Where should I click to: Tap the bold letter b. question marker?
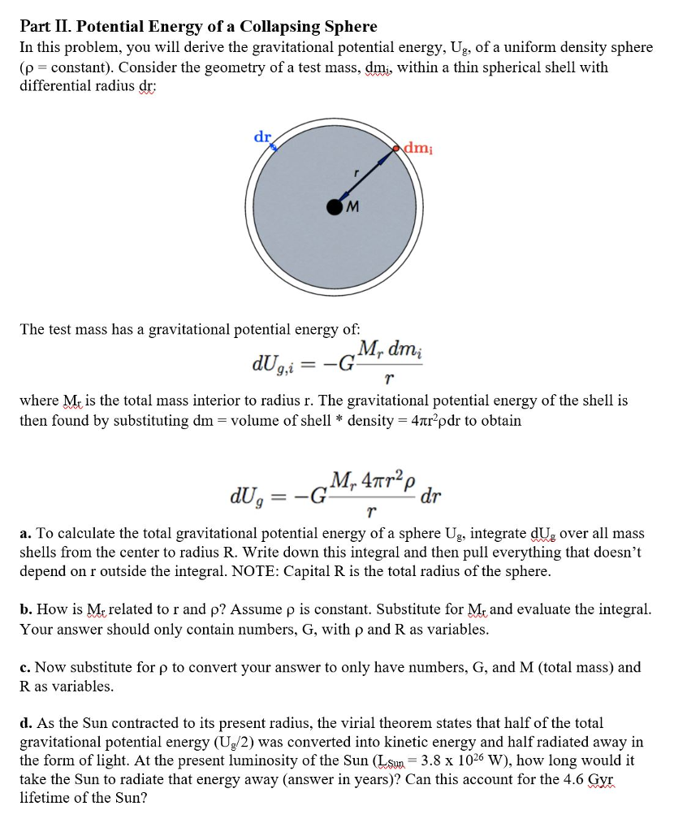[x=25, y=609]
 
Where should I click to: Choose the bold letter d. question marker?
[x=25, y=722]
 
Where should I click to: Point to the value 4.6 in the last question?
[x=573, y=779]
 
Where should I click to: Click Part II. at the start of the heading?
[x=45, y=27]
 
